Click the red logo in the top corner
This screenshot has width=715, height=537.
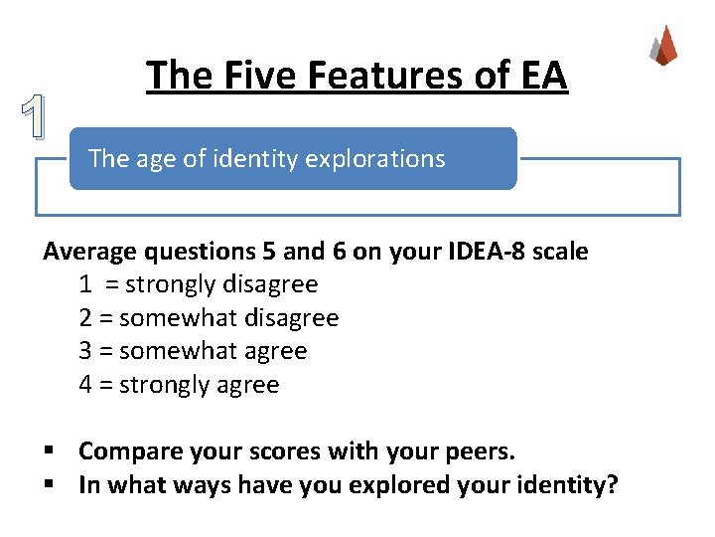pos(664,45)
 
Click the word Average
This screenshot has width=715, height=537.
pos(87,252)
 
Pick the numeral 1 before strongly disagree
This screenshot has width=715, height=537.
pos(86,284)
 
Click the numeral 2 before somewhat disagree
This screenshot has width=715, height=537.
pos(86,318)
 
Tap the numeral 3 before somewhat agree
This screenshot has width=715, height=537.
pos(86,351)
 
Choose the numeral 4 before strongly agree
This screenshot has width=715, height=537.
pos(86,385)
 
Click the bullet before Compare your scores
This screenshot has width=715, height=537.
pos(49,452)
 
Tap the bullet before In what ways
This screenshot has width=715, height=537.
pos(49,485)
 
